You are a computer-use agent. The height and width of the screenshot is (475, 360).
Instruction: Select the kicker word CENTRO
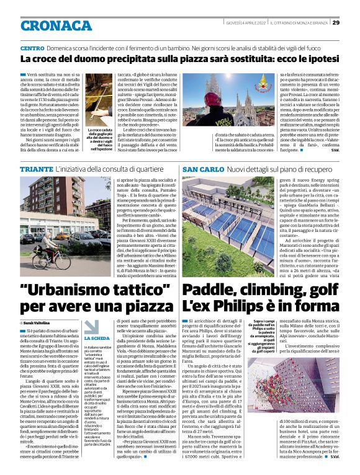coord(32,48)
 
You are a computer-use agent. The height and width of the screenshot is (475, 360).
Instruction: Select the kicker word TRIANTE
coord(35,169)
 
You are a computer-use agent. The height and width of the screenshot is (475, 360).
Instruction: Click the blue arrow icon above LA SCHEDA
coord(91,326)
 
